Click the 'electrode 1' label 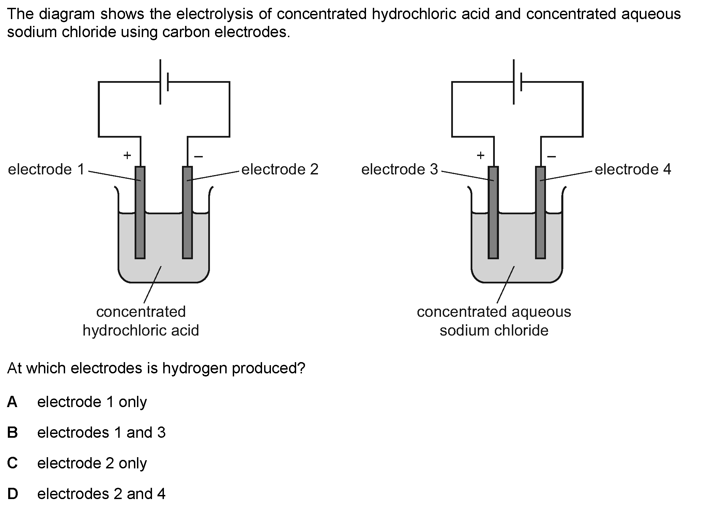[x=46, y=169]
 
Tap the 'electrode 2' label [x=280, y=169]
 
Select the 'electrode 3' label [x=399, y=169]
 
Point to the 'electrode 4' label [x=633, y=169]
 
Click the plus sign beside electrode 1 [x=127, y=156]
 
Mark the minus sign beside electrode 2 [x=198, y=157]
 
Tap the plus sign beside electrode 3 [x=481, y=156]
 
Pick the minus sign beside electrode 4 [x=551, y=157]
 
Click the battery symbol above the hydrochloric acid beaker [x=164, y=82]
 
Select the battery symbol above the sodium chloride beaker [x=517, y=82]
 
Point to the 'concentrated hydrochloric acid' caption [x=141, y=321]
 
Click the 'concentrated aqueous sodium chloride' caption [x=494, y=321]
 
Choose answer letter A [x=12, y=402]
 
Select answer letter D [x=12, y=494]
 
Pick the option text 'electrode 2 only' [x=92, y=463]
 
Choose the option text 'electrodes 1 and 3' [x=101, y=433]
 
